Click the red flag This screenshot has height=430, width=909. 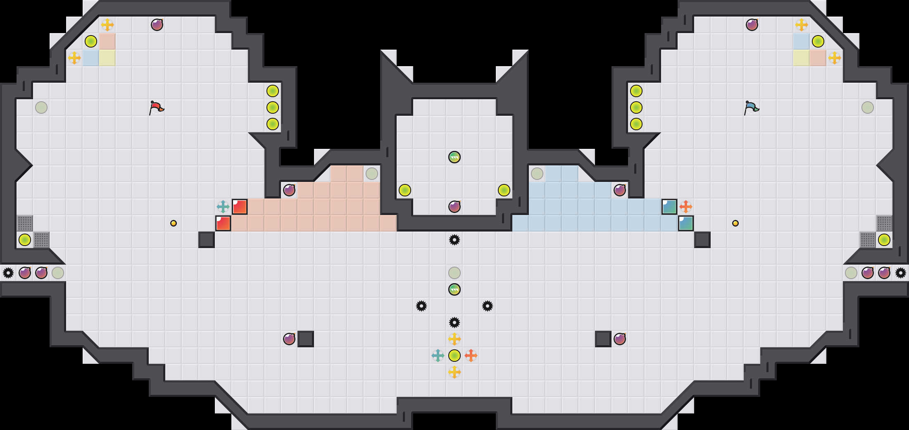[156, 107]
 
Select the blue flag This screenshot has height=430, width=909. [751, 107]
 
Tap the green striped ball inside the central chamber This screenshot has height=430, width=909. [454, 157]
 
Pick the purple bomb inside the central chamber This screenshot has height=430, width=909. [454, 206]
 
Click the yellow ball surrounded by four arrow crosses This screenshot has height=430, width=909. [454, 356]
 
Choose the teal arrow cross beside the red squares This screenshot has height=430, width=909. [223, 206]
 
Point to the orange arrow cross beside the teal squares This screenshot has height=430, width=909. [686, 206]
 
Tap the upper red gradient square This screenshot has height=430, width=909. [240, 207]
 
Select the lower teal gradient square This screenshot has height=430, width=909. [686, 223]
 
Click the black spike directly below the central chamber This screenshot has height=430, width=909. [454, 240]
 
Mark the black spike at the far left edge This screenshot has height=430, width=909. [8, 273]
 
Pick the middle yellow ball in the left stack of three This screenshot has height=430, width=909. [273, 107]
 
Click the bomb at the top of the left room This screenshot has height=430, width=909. [157, 25]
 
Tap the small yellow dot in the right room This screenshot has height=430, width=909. [735, 223]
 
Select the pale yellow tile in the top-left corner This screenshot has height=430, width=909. [107, 58]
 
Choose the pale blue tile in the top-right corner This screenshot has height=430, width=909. [802, 41]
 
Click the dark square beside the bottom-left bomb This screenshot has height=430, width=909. [306, 339]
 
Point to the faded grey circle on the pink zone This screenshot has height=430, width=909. [372, 174]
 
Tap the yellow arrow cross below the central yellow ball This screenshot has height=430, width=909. [454, 372]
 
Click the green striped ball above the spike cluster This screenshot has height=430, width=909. [454, 289]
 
